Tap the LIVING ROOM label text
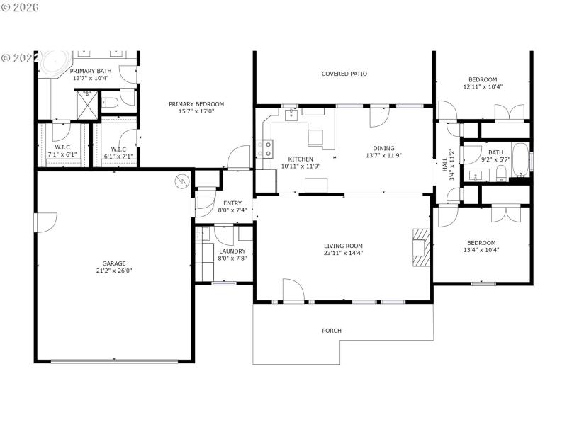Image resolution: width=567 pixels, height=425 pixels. [x=343, y=246]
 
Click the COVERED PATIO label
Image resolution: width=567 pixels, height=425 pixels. [x=344, y=74]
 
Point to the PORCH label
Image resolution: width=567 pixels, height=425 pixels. [x=332, y=331]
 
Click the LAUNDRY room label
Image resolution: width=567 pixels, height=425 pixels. [x=232, y=251]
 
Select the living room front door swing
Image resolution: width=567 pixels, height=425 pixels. [x=293, y=290]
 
